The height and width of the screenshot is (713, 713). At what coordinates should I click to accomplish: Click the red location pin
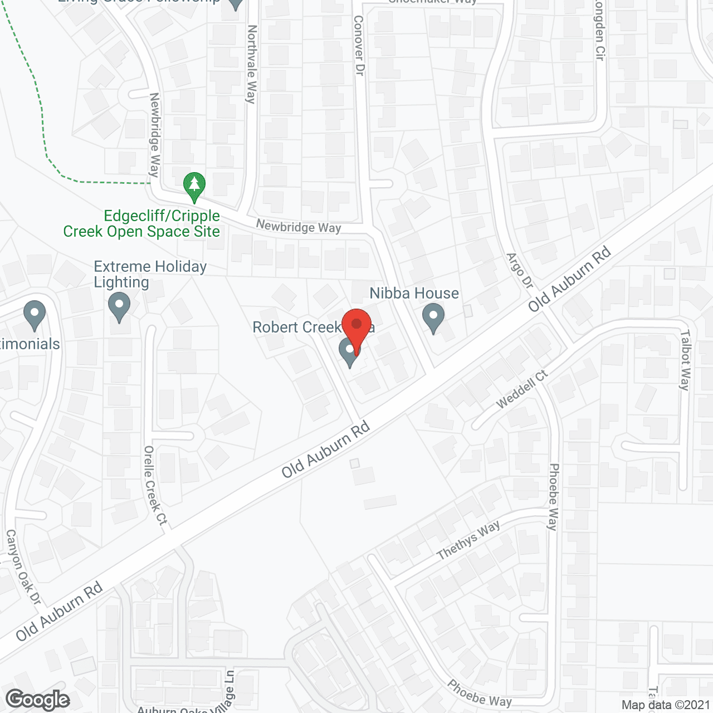click(356, 329)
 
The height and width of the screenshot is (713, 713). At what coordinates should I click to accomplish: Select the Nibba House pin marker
click(433, 318)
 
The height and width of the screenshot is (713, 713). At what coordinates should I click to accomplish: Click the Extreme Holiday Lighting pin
click(119, 307)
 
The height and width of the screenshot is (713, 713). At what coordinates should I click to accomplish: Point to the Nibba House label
click(414, 293)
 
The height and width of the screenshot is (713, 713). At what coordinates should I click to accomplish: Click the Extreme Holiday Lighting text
click(150, 275)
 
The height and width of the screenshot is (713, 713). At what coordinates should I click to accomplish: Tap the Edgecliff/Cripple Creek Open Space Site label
click(141, 224)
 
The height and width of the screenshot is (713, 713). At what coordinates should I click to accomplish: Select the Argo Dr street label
click(520, 271)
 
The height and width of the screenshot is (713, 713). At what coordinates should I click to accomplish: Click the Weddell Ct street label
click(522, 389)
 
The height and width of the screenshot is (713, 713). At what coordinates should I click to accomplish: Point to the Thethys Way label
click(468, 540)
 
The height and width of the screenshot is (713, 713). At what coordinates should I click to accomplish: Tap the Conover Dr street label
click(359, 46)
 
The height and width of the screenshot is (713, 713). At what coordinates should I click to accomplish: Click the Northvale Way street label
click(252, 64)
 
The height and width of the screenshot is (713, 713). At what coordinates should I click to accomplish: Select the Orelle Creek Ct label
click(155, 485)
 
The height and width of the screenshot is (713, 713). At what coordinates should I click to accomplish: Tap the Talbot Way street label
click(685, 360)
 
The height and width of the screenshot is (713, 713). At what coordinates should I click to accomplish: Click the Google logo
click(38, 700)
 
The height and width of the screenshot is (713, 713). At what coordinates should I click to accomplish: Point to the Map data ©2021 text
click(666, 705)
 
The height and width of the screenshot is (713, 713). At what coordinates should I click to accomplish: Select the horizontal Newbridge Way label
click(299, 227)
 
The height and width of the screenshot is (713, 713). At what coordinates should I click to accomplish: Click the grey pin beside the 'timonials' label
click(35, 315)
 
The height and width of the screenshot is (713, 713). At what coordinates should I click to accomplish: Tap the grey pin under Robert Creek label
click(349, 352)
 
